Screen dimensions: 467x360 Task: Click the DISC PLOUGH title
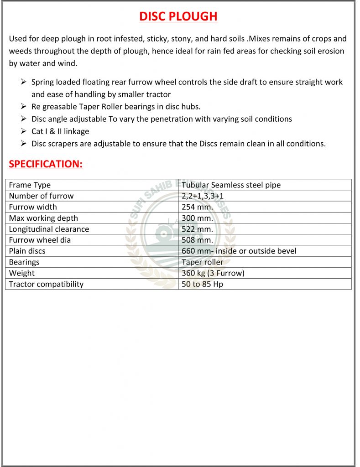tap(178, 16)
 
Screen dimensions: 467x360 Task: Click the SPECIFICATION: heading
tap(46, 164)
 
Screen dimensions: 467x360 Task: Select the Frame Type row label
tap(30, 185)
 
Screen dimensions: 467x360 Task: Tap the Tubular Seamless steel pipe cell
tap(231, 185)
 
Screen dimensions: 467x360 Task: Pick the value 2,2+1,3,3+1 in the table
tap(202, 196)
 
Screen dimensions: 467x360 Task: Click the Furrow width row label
tap(33, 207)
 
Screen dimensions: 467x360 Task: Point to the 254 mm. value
tap(197, 207)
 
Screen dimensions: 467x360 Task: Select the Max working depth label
tap(43, 218)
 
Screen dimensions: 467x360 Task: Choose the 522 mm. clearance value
tap(197, 229)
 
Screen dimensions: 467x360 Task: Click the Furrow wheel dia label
tap(40, 240)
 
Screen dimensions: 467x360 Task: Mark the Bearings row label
tap(24, 262)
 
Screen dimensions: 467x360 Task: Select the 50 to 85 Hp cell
tap(202, 284)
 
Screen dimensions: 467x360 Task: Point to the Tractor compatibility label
tap(46, 284)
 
